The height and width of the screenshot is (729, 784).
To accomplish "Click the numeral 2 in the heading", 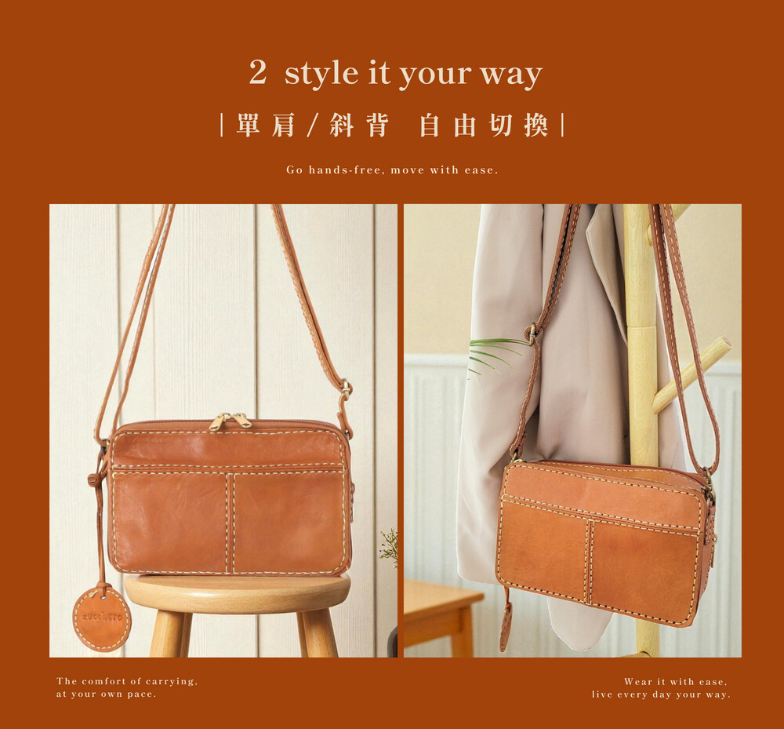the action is (x=258, y=72).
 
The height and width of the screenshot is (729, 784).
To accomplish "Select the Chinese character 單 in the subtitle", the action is (x=248, y=125).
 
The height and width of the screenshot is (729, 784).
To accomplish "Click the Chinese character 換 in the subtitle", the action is (x=536, y=125).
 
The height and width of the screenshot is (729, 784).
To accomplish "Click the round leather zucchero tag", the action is (x=102, y=618).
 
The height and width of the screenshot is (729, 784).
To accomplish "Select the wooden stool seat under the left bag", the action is (x=237, y=593).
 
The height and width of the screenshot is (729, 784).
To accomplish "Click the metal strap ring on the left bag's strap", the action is (x=345, y=388).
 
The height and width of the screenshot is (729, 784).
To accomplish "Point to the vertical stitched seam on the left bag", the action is (x=230, y=523).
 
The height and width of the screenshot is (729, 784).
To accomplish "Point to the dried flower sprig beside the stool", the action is (x=390, y=548).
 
